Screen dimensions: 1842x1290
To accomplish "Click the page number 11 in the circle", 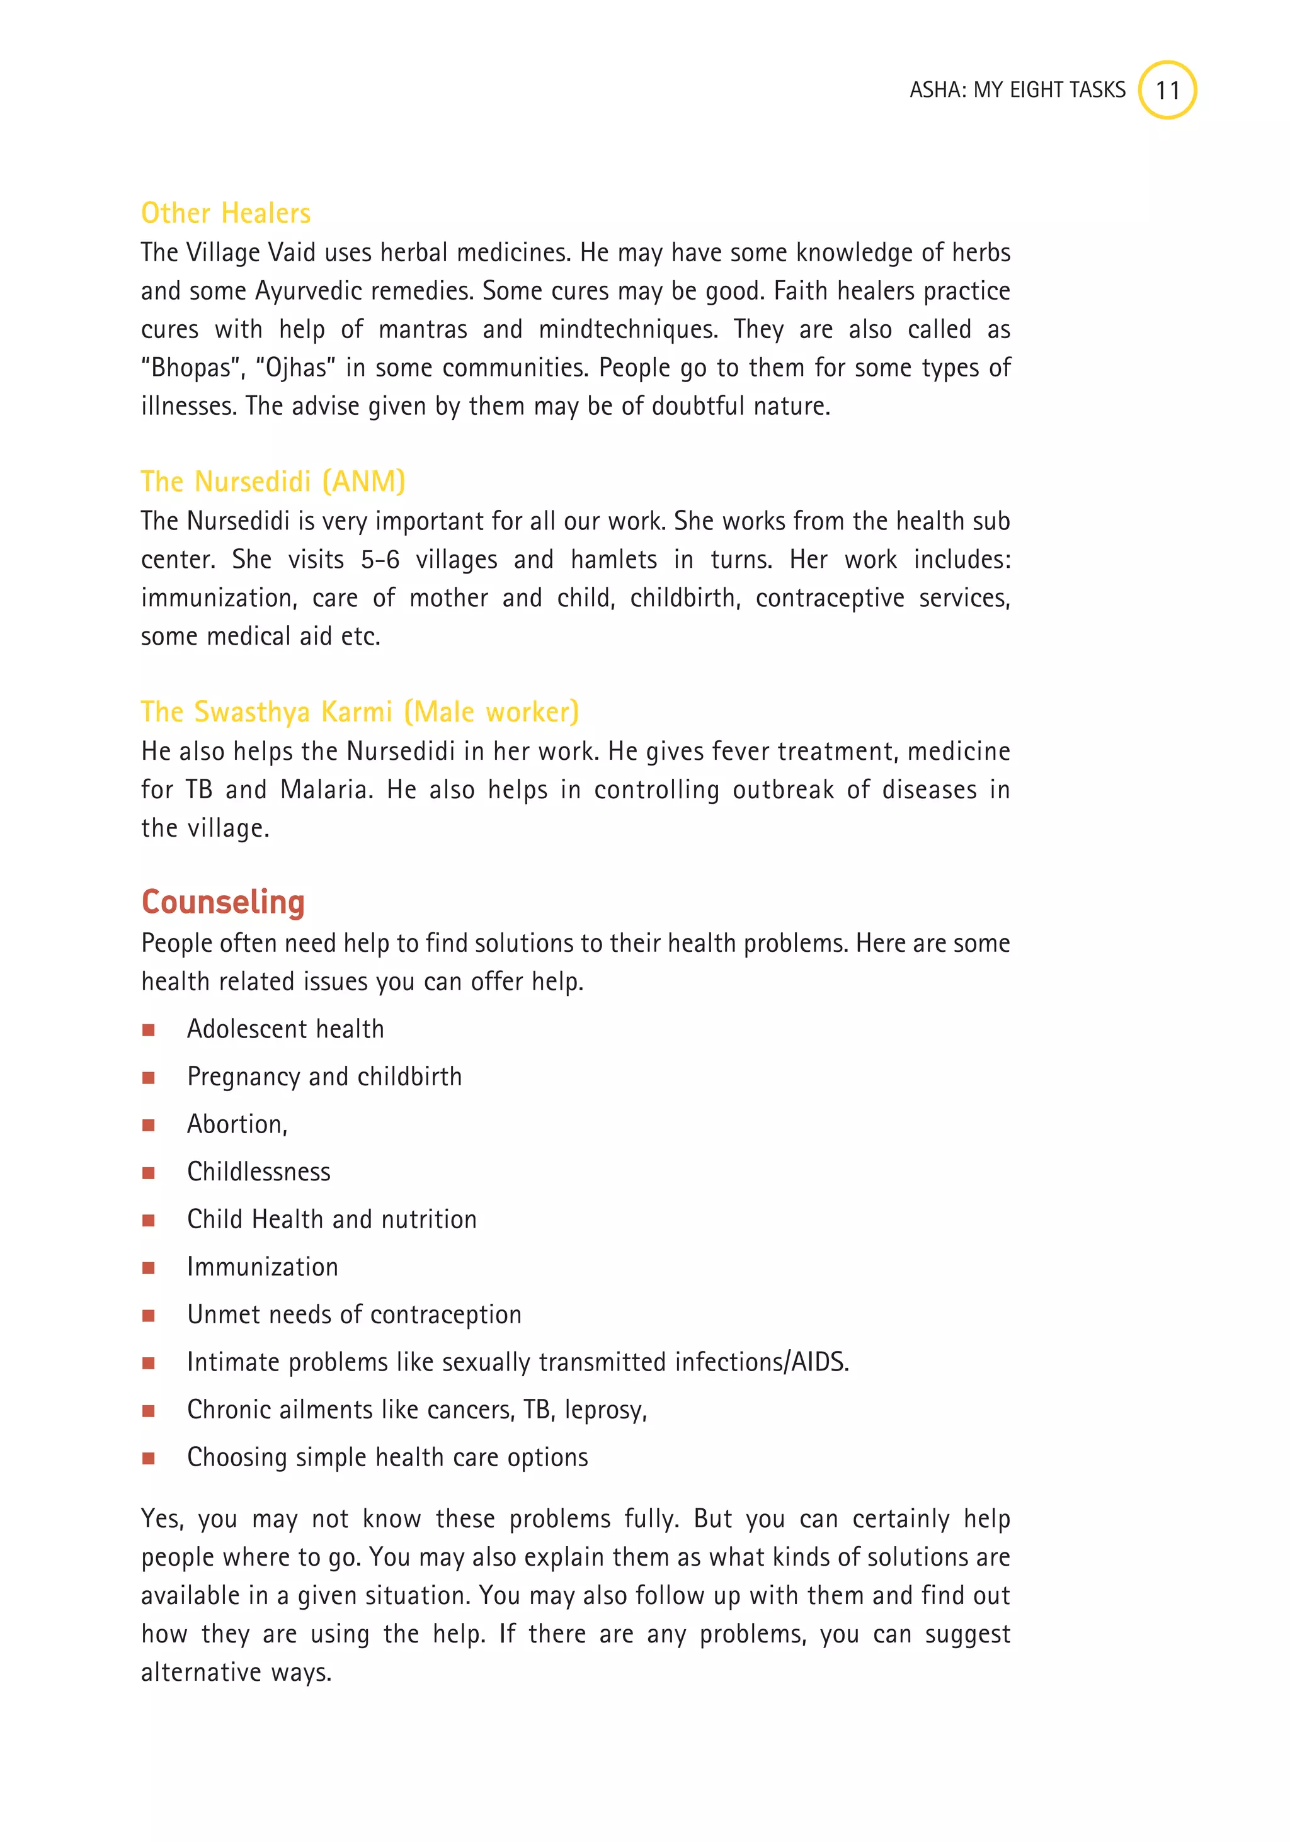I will pyautogui.click(x=1167, y=90).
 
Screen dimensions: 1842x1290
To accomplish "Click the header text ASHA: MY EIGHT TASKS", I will pyautogui.click(x=1017, y=90).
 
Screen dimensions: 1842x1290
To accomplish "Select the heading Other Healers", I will pyautogui.click(x=225, y=213).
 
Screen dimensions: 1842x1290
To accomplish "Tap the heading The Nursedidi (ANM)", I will pyautogui.click(x=273, y=482).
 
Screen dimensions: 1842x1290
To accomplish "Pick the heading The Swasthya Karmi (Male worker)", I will pyautogui.click(x=360, y=711).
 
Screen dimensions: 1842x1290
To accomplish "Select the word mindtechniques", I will pyautogui.click(x=628, y=329).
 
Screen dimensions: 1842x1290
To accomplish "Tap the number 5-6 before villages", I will pyautogui.click(x=380, y=559).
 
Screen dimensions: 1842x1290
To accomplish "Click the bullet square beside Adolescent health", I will pyautogui.click(x=149, y=1030).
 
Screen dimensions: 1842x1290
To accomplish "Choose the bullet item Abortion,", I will pyautogui.click(x=237, y=1124).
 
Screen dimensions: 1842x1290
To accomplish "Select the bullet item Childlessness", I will pyautogui.click(x=258, y=1172).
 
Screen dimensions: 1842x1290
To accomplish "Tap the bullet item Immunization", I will pyautogui.click(x=263, y=1267).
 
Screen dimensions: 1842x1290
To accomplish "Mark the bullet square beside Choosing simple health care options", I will pyautogui.click(x=149, y=1459).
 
